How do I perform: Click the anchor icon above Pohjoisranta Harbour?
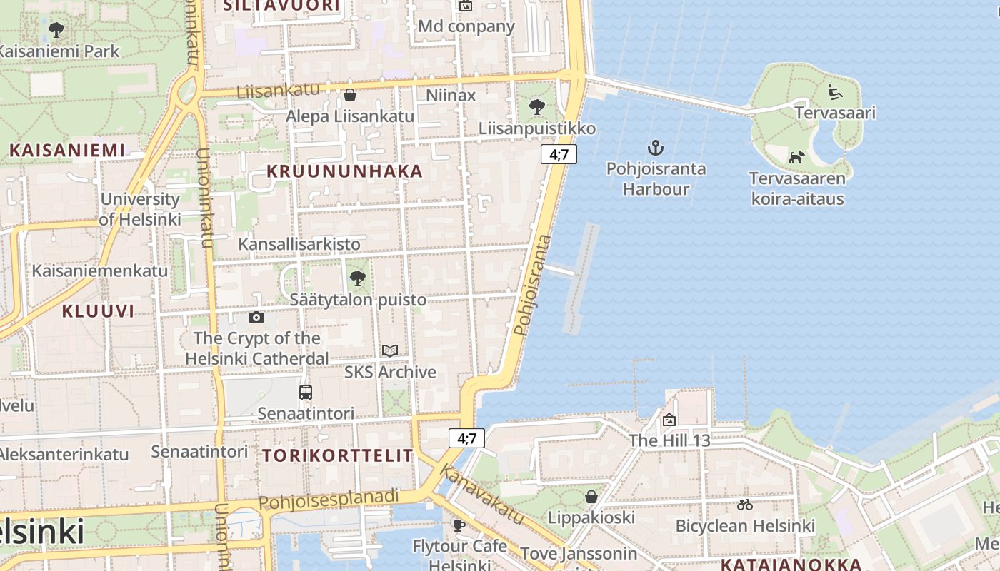coord(655,148)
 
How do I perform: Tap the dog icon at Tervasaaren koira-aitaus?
coord(796,157)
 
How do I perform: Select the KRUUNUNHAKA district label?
coord(345,171)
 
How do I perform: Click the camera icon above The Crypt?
coord(256,317)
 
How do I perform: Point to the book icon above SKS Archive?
coord(389,350)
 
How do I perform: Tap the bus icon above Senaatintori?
coord(306,392)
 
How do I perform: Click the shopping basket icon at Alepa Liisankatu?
coord(350,95)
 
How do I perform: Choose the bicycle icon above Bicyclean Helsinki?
coord(745,505)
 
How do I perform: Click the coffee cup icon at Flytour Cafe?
coord(459,525)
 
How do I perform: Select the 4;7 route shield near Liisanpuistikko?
coord(559,153)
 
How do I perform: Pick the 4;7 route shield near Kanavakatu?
coord(467,438)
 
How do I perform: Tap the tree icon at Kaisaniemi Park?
coord(56,30)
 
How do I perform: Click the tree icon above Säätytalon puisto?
coord(358,278)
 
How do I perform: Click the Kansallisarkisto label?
coord(299,244)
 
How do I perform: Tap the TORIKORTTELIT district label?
coord(338,455)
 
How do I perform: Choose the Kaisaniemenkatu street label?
coord(100,271)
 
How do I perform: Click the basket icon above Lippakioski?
coord(591,496)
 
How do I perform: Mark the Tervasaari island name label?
coord(835,113)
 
